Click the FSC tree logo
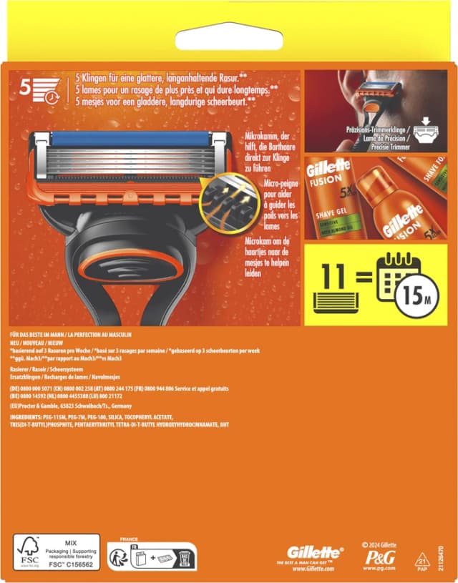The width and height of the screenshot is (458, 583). click(x=28, y=551)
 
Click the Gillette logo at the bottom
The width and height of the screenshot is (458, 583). click(x=314, y=552)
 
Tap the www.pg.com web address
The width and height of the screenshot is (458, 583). click(x=379, y=568)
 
